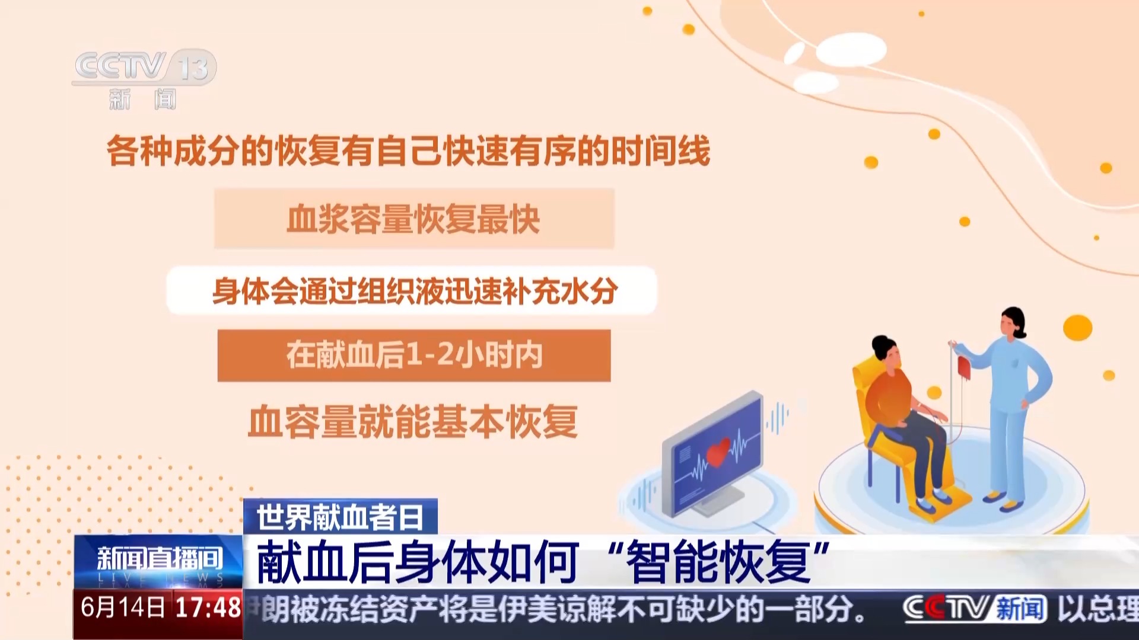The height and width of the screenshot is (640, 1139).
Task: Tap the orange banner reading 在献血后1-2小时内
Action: (x=414, y=356)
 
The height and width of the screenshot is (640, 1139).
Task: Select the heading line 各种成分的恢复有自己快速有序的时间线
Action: (x=408, y=151)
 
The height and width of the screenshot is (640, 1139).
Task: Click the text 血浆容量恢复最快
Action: (x=413, y=219)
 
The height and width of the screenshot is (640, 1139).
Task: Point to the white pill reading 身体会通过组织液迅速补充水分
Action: (x=412, y=290)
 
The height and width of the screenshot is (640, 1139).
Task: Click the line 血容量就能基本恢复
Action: (x=413, y=422)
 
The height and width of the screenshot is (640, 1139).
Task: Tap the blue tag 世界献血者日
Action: (x=341, y=517)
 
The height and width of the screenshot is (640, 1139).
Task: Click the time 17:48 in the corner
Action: (x=208, y=608)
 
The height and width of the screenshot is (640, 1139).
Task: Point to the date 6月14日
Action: (x=123, y=608)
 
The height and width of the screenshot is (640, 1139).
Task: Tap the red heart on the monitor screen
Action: (x=718, y=452)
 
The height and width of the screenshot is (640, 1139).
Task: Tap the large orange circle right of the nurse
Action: (x=1077, y=328)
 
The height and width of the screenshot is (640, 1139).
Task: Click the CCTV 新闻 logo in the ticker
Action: (x=974, y=609)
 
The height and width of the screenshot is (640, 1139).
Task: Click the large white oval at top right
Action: (x=851, y=49)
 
